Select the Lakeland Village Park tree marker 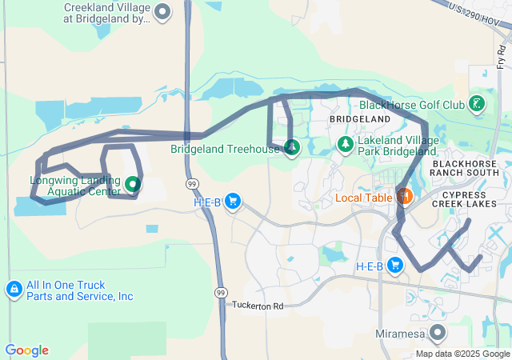345,145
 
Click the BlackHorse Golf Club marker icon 477,104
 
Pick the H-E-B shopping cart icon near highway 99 233,201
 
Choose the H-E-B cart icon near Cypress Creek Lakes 394,266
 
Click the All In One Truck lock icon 14,290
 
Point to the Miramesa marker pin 438,331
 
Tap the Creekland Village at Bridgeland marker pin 162,12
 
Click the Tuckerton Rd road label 258,306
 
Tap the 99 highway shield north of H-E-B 192,184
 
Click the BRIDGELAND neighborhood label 359,119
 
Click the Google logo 26,350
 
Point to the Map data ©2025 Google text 462,354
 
